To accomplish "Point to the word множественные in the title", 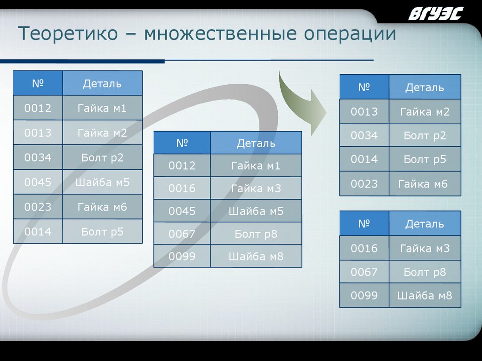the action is (x=221, y=34).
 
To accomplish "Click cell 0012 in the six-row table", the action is (x=38, y=109).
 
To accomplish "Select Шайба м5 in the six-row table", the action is (x=102, y=182).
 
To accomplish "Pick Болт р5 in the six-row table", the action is (x=102, y=231).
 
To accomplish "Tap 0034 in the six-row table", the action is (x=38, y=157).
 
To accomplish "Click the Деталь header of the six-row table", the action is (x=102, y=84).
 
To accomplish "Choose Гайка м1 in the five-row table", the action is (x=256, y=165).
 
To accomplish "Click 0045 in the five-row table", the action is (x=182, y=211).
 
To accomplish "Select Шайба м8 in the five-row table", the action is (x=256, y=256).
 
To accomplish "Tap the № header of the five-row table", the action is (x=182, y=143).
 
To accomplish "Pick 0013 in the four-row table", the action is (x=364, y=112).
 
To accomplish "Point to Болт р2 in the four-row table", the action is (x=425, y=136).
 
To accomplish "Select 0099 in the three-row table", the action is (x=364, y=296).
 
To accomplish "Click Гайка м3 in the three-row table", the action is (x=425, y=248).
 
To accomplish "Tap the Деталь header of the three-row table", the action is (x=425, y=224).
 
